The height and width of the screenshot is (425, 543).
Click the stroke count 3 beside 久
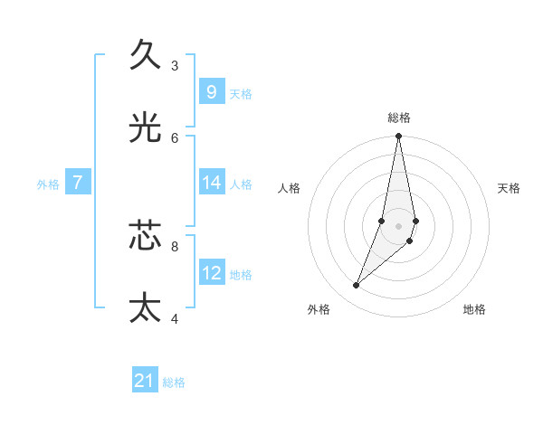[x=175, y=66]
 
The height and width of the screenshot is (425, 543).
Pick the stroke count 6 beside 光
[x=175, y=138]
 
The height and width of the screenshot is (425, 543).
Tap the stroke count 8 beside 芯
[x=175, y=245]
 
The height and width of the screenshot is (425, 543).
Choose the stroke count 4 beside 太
[x=175, y=318]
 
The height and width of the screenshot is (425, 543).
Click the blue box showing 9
[x=211, y=91]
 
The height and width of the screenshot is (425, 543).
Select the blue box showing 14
[x=211, y=183]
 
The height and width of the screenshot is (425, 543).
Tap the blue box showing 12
[x=211, y=272]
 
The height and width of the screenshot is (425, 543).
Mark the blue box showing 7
[x=78, y=183]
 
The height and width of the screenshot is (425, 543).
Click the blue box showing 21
[x=145, y=381]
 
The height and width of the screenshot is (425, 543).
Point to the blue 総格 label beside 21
[x=174, y=382]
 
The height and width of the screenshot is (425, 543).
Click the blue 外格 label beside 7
[x=48, y=184]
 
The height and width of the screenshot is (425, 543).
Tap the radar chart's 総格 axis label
[x=399, y=118]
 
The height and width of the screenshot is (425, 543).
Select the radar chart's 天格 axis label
[x=509, y=188]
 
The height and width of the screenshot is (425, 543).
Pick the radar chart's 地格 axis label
[x=474, y=309]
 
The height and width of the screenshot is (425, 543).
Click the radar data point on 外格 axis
[x=357, y=285]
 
